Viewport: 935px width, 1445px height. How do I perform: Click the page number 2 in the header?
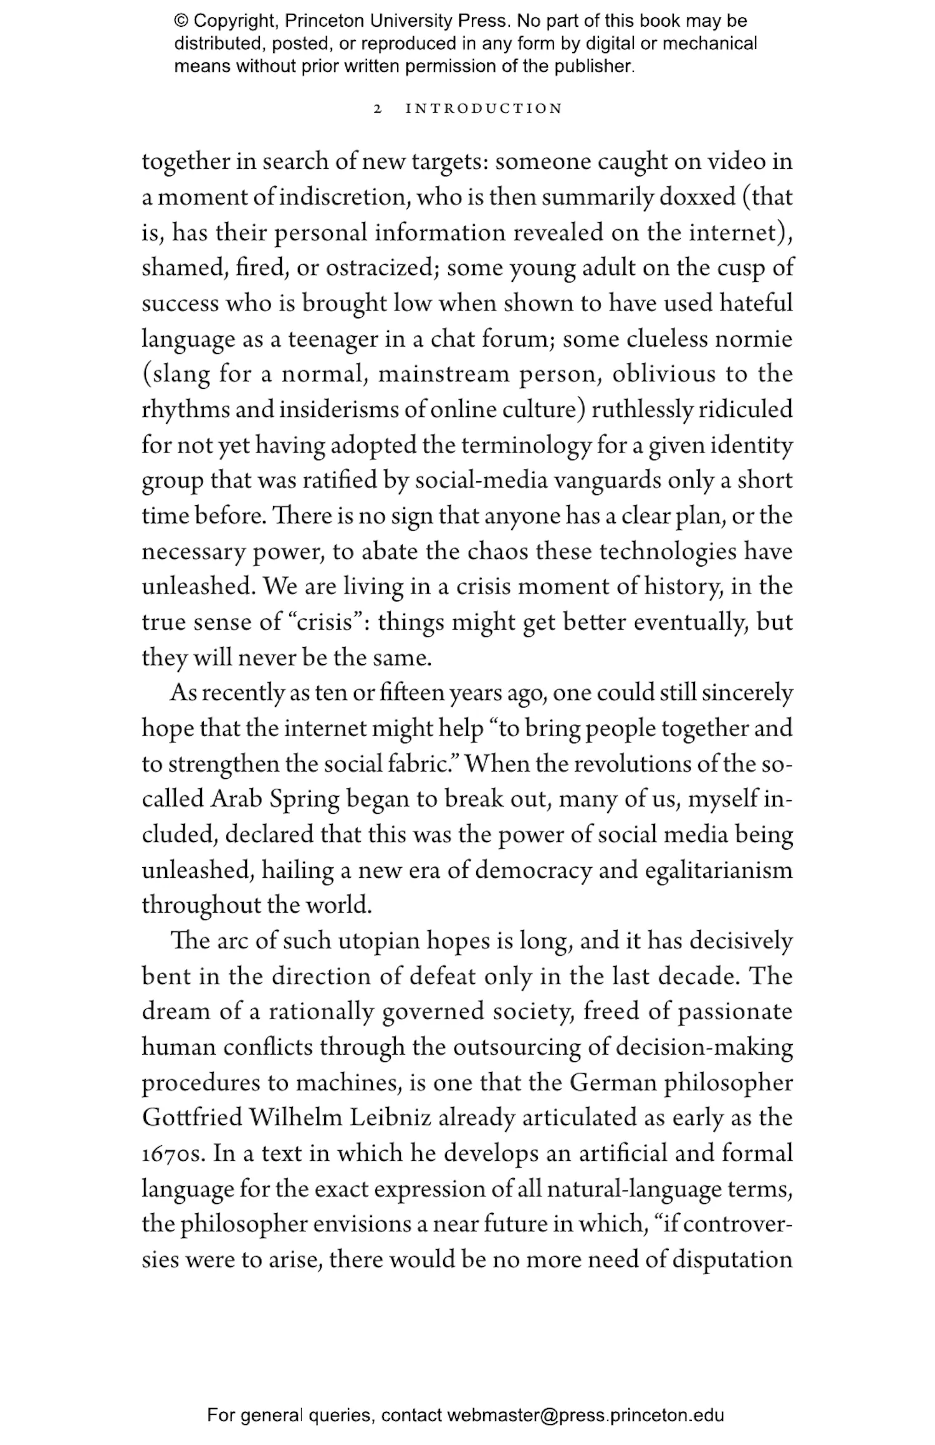click(x=376, y=109)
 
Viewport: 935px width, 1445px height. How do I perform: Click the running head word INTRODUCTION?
click(x=484, y=109)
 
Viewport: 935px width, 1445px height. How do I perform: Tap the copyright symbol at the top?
click(x=181, y=21)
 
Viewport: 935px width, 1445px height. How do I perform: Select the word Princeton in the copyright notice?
click(x=325, y=21)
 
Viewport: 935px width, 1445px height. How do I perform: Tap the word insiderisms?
click(x=338, y=410)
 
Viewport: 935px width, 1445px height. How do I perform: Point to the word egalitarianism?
click(x=719, y=871)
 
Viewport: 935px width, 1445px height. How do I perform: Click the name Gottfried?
click(x=192, y=1118)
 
